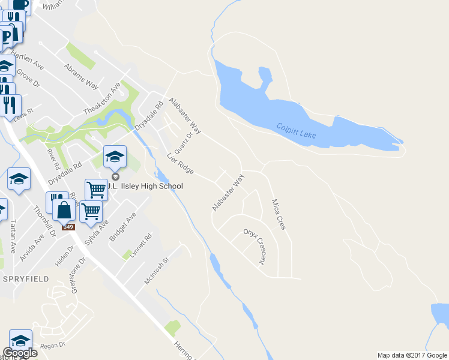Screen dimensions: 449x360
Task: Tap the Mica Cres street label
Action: pos(278,214)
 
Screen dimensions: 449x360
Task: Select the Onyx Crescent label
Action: pos(254,246)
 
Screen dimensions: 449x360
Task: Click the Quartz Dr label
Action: pos(183,143)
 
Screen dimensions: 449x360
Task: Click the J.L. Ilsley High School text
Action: pos(144,186)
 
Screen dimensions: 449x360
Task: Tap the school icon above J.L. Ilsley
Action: pos(115,158)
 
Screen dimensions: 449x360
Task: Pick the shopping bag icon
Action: pos(64,210)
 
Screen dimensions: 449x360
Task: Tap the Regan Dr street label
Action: pos(52,346)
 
